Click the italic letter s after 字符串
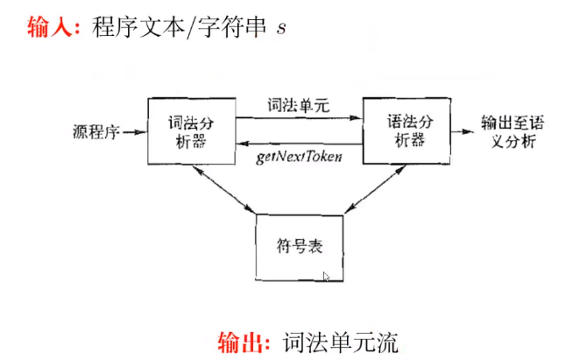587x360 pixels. click(281, 28)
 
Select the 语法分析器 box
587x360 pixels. click(406, 130)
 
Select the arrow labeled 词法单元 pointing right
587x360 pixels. click(298, 118)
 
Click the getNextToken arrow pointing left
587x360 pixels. click(298, 144)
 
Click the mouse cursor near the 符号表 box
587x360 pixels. click(326, 277)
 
